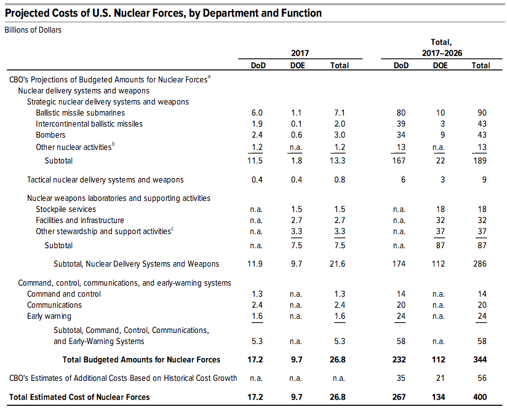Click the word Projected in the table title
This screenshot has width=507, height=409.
coord(27,14)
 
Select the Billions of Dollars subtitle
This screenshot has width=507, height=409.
coord(33,30)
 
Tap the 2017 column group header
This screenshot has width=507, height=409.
coord(300,53)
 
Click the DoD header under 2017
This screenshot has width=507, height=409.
coord(258,66)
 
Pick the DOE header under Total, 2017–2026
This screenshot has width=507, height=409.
coord(440,66)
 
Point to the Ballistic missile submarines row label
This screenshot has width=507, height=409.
coord(80,112)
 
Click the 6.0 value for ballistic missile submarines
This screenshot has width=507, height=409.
coord(257,112)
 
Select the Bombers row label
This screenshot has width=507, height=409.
coord(50,134)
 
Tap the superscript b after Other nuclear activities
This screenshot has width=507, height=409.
coord(113,144)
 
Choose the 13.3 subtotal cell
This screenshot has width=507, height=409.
coord(337,160)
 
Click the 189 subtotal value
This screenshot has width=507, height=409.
coord(480,160)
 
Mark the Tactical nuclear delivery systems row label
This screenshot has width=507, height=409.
coord(105,179)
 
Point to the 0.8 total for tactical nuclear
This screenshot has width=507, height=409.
coord(340,179)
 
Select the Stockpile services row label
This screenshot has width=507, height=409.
coord(66,209)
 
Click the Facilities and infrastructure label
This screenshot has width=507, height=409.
coord(80,220)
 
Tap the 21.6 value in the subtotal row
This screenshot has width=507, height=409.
coord(337,263)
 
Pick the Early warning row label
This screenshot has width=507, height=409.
coord(49,316)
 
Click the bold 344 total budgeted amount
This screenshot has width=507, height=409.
coord(480,360)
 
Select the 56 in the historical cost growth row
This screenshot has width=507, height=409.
coord(482,378)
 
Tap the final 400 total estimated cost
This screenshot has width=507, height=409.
coord(480,397)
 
